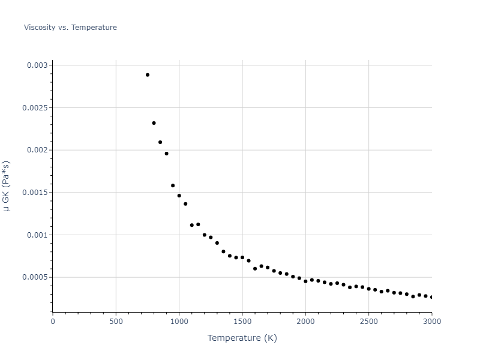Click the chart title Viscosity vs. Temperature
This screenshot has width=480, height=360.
[x=70, y=28]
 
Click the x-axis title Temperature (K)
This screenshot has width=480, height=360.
[x=242, y=338]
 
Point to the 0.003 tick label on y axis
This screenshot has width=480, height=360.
[x=37, y=65]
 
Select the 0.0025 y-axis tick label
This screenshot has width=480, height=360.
[x=35, y=107]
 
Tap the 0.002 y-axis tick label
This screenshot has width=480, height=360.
[x=37, y=150]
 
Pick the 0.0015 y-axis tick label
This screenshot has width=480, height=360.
[x=35, y=193]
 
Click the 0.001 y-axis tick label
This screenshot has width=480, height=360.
[x=37, y=235]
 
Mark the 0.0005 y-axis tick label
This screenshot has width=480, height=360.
[x=35, y=277]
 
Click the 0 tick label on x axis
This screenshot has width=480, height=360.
[x=53, y=322]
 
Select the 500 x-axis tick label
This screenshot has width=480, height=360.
[x=116, y=322]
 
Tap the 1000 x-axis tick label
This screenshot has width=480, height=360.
[x=179, y=322]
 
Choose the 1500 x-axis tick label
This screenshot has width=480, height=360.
[x=242, y=322]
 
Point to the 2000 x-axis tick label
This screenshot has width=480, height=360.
[x=305, y=322]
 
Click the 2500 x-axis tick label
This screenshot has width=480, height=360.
[x=368, y=322]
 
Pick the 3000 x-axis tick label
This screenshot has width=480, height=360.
[x=431, y=322]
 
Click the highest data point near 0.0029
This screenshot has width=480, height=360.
[x=148, y=75]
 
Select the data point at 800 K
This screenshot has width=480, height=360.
[x=154, y=123]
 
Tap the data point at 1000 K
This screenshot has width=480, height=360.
[x=179, y=196]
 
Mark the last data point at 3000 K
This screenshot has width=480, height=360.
[x=431, y=297]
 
